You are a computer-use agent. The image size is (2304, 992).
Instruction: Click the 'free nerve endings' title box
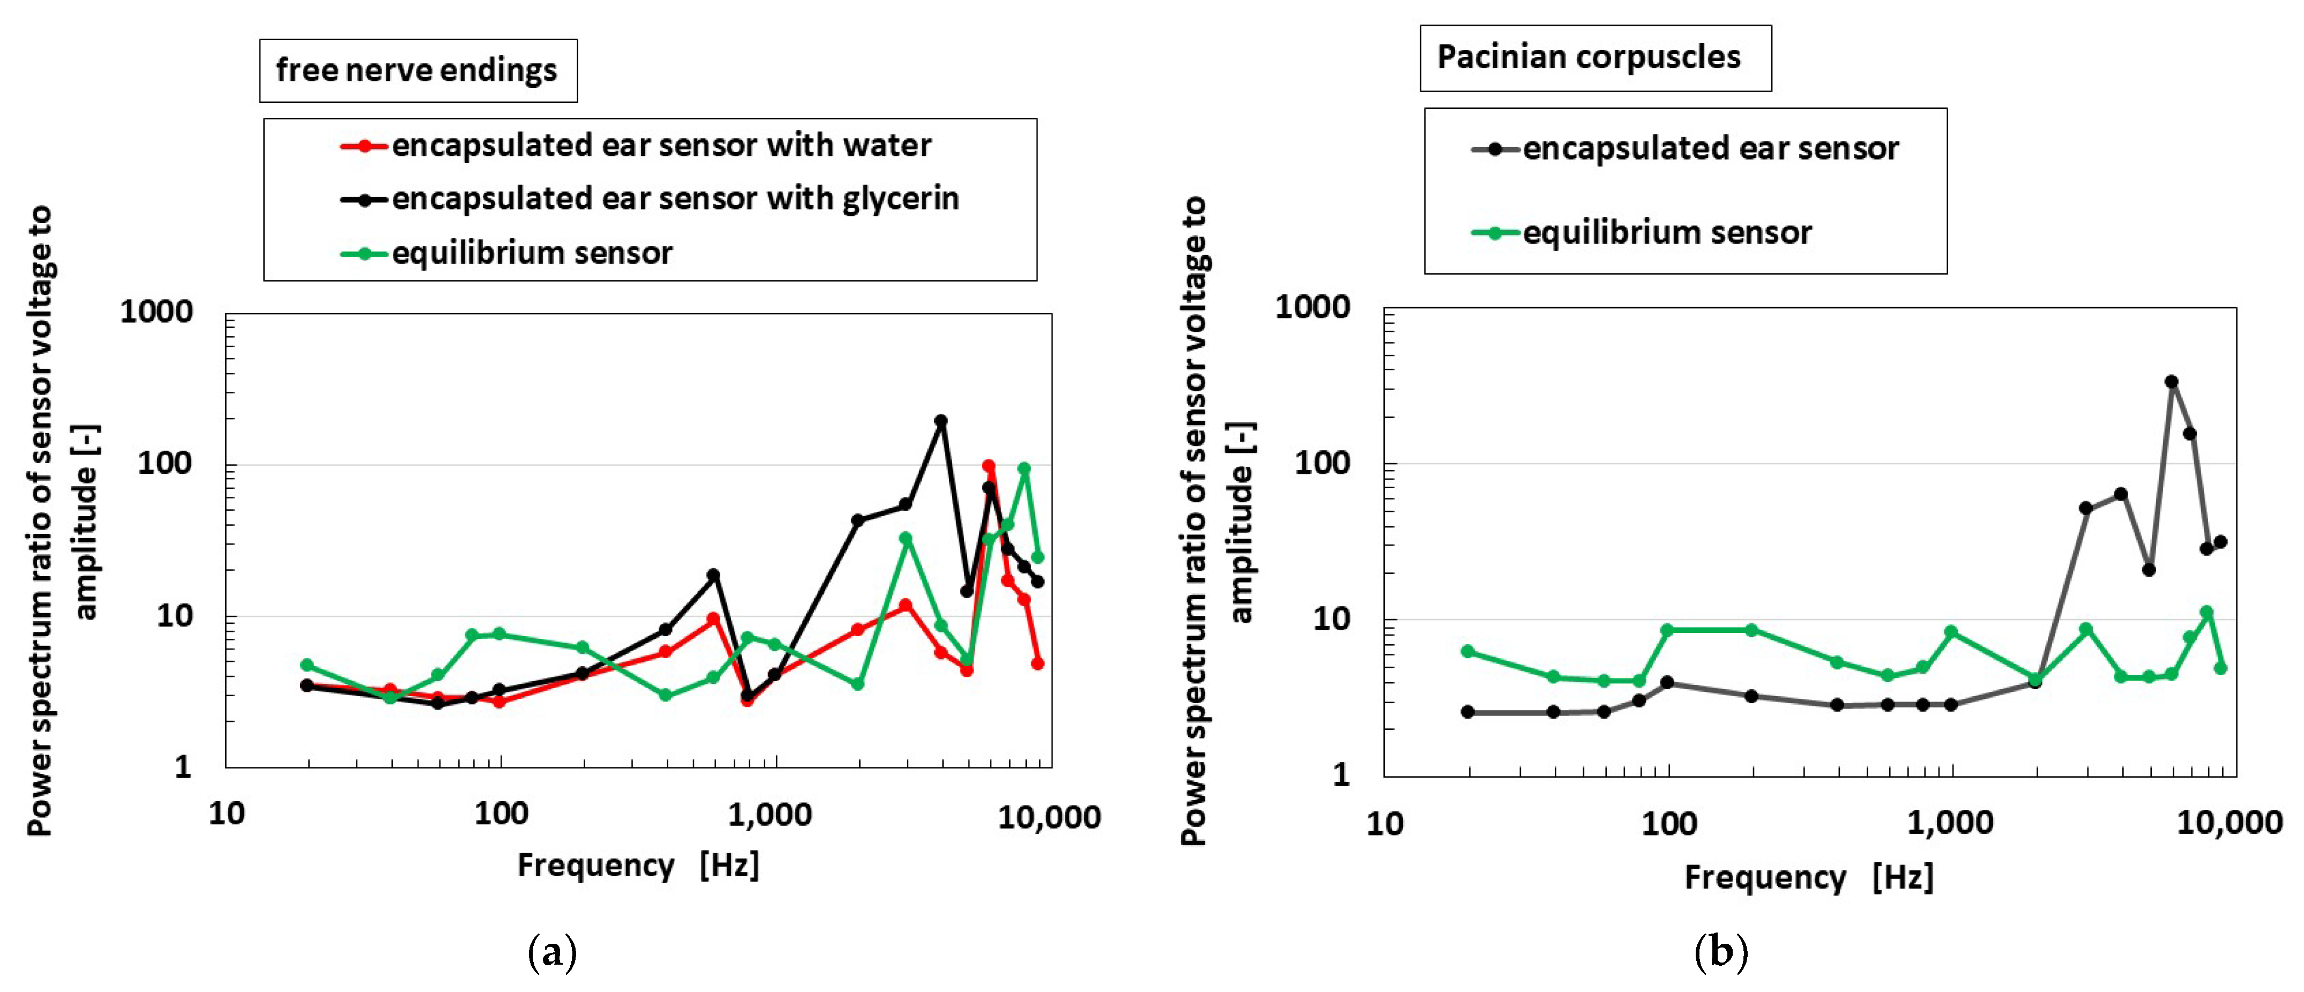(417, 70)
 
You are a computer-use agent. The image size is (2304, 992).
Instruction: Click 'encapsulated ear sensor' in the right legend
(1710, 148)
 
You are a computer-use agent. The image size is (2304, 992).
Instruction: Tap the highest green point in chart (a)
(1024, 469)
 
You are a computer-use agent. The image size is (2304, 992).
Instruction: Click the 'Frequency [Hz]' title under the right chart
(1808, 877)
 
